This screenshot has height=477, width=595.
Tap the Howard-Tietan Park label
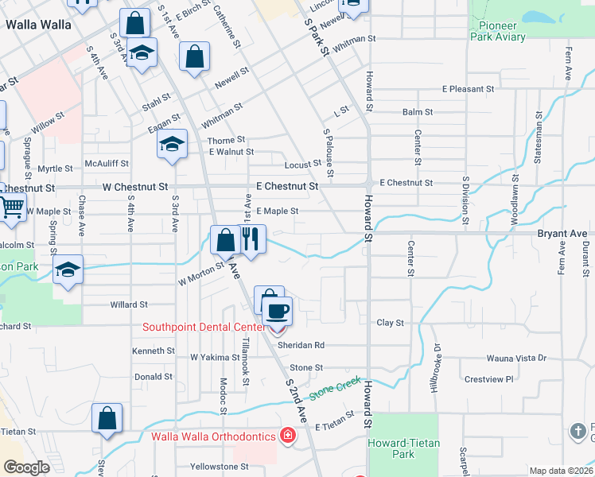point(403,448)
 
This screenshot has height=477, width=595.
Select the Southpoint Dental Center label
point(204,327)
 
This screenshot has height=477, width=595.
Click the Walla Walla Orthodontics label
point(214,436)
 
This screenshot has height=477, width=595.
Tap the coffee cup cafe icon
point(278,310)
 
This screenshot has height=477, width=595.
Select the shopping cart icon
point(11,208)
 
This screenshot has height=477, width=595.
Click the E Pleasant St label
point(469,89)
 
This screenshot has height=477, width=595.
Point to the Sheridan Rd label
point(301,346)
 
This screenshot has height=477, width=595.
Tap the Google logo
point(26,467)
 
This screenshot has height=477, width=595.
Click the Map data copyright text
point(561,471)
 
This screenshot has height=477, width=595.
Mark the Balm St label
point(417,113)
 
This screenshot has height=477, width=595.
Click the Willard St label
point(129,304)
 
